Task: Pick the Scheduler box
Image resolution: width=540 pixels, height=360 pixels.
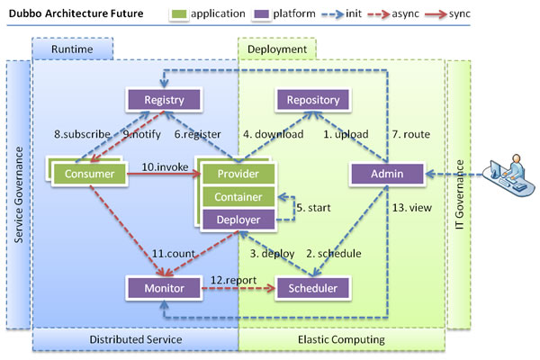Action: (312, 288)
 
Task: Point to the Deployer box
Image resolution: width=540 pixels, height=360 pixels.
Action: (238, 219)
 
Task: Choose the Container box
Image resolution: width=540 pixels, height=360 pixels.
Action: (238, 196)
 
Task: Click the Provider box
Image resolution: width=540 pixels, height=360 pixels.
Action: (238, 173)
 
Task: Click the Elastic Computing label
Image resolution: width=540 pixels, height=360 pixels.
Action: (341, 339)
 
